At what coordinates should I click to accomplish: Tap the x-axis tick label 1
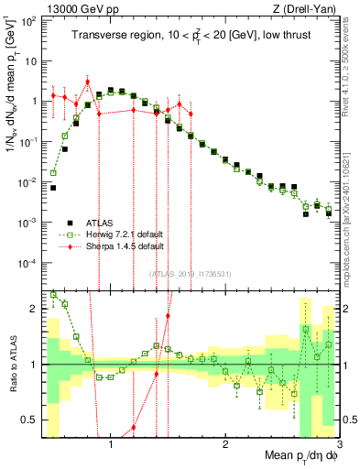(x=111, y=443)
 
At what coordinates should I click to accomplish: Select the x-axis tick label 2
(x=225, y=443)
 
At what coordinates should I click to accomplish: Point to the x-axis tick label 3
(x=339, y=443)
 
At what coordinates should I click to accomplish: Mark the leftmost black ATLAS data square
(x=53, y=188)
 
